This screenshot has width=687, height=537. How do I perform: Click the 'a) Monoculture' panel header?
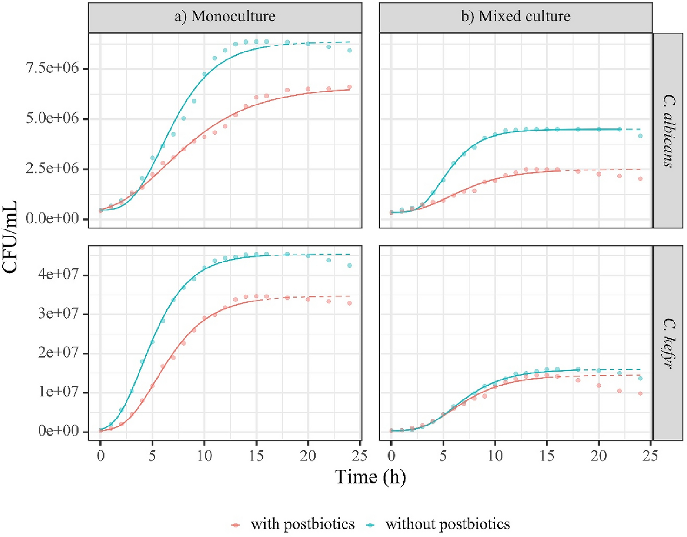(225, 17)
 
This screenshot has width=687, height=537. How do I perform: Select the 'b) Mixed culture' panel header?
(515, 17)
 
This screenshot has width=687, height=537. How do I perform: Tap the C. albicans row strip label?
(668, 131)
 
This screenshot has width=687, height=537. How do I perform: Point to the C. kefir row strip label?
(668, 343)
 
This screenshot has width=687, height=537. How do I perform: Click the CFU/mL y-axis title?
(10, 236)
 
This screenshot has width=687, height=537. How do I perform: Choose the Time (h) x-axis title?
(370, 477)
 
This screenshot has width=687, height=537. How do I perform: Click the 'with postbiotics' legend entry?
(293, 524)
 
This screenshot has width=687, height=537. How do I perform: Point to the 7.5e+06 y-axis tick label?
(52, 68)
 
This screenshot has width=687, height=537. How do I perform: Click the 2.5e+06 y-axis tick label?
(52, 168)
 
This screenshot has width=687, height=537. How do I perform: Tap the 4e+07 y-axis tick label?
(59, 275)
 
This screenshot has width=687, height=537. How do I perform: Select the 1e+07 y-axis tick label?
(59, 392)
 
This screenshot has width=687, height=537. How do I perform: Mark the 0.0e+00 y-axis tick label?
(52, 218)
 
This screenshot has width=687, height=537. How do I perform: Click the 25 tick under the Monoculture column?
(360, 456)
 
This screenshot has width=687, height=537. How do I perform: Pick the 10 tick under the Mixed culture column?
(495, 456)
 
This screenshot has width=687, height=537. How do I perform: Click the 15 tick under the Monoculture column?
(256, 456)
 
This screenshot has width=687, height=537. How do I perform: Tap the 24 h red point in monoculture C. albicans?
(350, 87)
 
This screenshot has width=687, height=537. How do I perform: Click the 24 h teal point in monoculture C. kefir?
(350, 266)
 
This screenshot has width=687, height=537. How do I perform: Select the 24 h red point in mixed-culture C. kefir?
(641, 393)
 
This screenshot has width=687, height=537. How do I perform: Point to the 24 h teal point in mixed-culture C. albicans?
(641, 136)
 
